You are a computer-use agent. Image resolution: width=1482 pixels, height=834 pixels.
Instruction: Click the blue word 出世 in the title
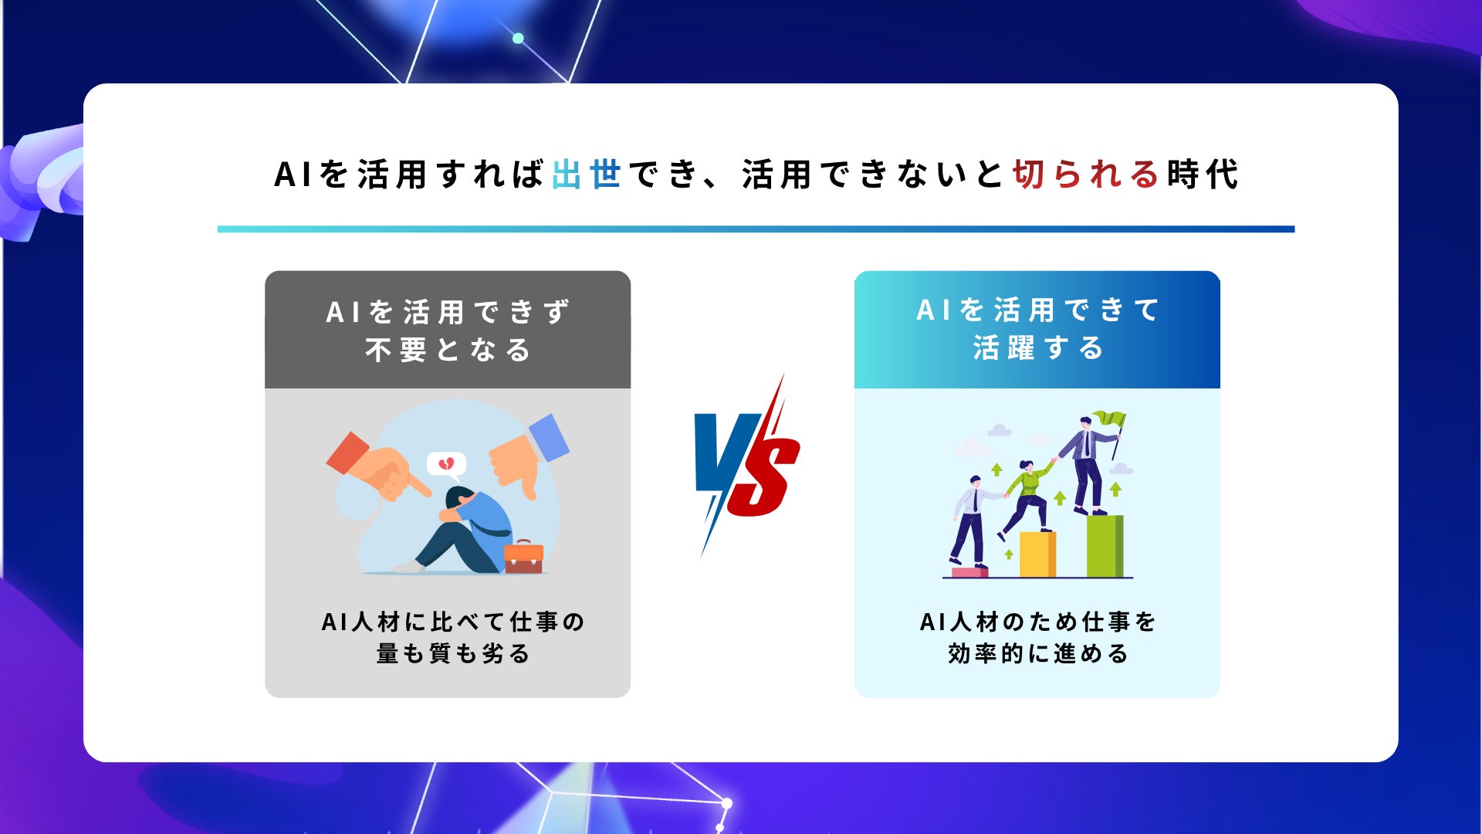(x=587, y=174)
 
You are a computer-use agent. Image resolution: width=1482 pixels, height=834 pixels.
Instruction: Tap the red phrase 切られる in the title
(x=1085, y=174)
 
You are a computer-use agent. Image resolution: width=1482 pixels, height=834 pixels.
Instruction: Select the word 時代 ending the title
(x=1203, y=174)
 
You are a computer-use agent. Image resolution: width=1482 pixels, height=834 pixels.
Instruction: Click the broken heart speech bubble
(x=446, y=465)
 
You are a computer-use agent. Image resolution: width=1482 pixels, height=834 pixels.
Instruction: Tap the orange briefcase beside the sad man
(x=523, y=557)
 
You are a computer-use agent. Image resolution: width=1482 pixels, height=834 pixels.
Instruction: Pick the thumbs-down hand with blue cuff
(x=529, y=456)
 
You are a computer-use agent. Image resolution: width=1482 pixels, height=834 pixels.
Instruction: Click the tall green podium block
(x=1105, y=546)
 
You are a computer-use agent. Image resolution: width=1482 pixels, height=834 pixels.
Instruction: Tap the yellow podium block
(x=1037, y=554)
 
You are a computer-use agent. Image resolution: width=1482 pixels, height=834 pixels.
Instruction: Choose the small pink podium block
(x=969, y=572)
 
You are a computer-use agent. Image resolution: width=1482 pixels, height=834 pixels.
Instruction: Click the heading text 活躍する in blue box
(x=1037, y=348)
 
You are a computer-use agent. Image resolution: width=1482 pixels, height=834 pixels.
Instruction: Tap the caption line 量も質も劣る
(x=453, y=654)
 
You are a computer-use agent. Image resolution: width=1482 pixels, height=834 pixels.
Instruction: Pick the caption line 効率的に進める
(x=1037, y=654)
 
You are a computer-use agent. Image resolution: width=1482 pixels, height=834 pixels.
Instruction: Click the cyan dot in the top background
(x=518, y=38)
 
